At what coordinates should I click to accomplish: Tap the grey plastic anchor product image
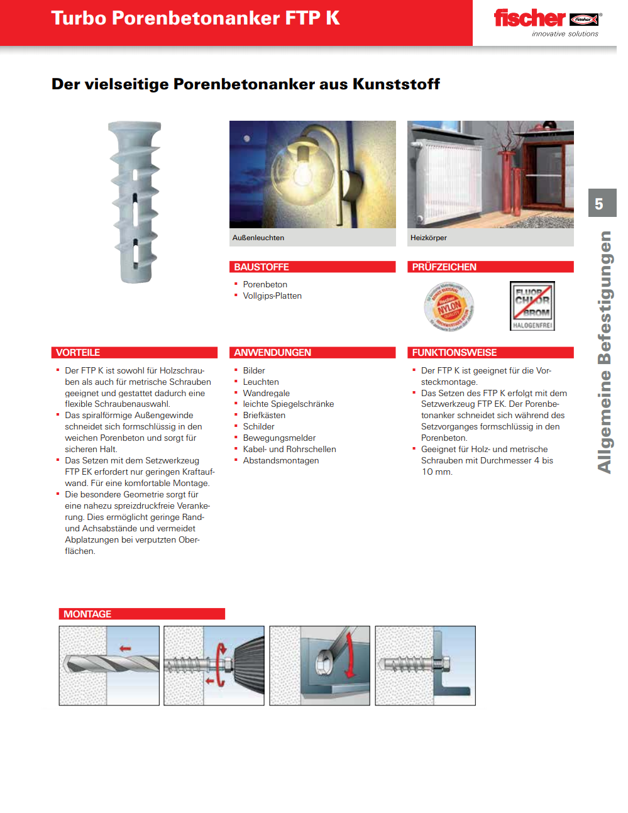pyautogui.click(x=135, y=202)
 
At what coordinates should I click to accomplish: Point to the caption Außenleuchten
pyautogui.click(x=258, y=238)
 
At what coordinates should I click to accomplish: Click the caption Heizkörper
pyautogui.click(x=429, y=238)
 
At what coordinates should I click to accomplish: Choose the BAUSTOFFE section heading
pyautogui.click(x=262, y=267)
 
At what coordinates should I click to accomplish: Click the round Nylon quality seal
pyautogui.click(x=449, y=307)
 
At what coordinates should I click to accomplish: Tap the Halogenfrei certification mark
pyautogui.click(x=532, y=306)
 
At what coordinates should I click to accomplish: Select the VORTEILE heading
pyautogui.click(x=78, y=353)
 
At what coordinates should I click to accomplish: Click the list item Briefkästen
pyautogui.click(x=264, y=416)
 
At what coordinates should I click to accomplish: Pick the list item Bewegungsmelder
pyautogui.click(x=279, y=438)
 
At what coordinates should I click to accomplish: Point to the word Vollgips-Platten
pyautogui.click(x=272, y=296)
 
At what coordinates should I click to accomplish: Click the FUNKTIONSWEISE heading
pyautogui.click(x=454, y=353)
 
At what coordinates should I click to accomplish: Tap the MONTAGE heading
pyautogui.click(x=87, y=614)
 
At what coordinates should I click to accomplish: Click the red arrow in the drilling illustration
pyautogui.click(x=125, y=648)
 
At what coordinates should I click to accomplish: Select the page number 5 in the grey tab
pyautogui.click(x=599, y=204)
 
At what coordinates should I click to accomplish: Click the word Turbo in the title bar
pyautogui.click(x=79, y=18)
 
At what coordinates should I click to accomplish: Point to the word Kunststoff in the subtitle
pyautogui.click(x=396, y=84)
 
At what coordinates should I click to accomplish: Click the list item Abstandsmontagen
pyautogui.click(x=281, y=461)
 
